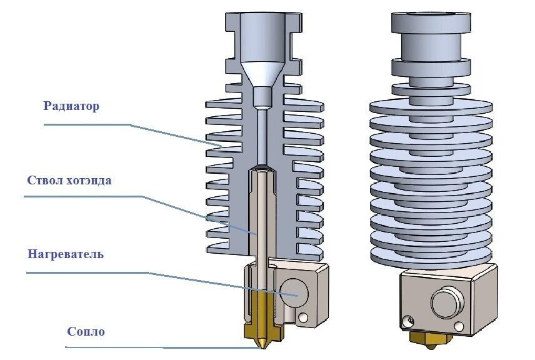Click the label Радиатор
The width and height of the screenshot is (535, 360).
pyautogui.click(x=71, y=106)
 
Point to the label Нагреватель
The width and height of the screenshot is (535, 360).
pyautogui.click(x=66, y=254)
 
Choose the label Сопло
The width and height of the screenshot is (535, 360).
pyautogui.click(x=86, y=331)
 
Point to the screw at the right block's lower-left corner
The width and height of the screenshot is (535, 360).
pyautogui.click(x=409, y=321)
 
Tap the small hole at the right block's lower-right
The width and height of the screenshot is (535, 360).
pyautogui.click(x=461, y=326)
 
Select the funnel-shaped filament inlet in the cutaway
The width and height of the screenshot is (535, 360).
pyautogui.click(x=262, y=74)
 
